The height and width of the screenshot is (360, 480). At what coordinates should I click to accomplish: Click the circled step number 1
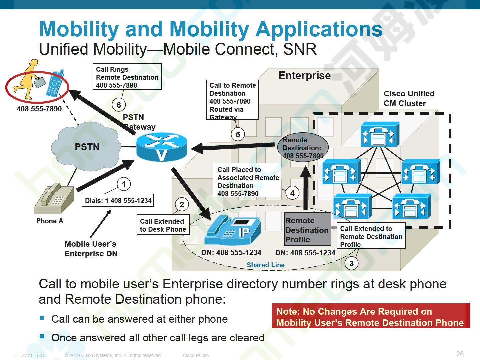tap(124, 184)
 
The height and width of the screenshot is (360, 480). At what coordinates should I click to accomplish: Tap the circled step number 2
tap(182, 204)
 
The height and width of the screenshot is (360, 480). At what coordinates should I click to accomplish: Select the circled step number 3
tap(351, 263)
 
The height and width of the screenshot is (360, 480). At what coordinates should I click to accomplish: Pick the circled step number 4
tap(292, 193)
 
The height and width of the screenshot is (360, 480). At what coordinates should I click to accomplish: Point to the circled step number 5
tap(238, 134)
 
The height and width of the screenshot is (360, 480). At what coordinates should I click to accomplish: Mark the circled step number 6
tap(119, 105)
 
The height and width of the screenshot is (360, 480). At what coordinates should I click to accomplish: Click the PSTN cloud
tap(86, 146)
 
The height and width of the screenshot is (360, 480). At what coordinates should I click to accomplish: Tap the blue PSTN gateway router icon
tap(161, 147)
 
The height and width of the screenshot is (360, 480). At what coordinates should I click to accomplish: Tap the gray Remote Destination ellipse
tap(303, 147)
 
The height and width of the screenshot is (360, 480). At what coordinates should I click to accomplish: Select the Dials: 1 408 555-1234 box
tap(118, 200)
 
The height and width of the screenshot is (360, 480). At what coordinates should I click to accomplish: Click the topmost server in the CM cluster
tap(380, 134)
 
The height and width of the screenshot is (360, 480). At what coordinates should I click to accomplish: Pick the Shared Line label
tap(265, 265)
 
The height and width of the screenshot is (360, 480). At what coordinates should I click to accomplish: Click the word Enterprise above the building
tap(304, 75)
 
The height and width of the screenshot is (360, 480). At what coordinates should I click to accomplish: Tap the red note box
tap(371, 316)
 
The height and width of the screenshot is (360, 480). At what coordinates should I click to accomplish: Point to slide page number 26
tap(460, 354)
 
